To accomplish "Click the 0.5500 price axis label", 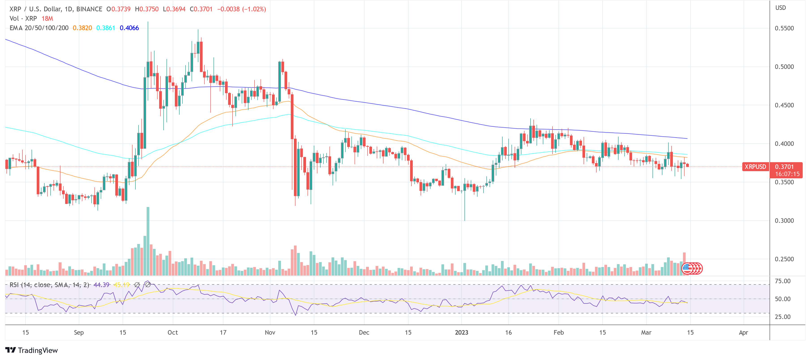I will point(784,28).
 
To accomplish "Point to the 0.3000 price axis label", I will point(784,220).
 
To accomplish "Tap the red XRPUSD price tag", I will point(755,167).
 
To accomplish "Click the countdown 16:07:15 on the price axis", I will point(787,174).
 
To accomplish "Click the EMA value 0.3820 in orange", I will point(82,28).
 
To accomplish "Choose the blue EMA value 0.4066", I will point(129,28).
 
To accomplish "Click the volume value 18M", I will point(47,19).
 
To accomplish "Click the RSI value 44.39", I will point(101,285).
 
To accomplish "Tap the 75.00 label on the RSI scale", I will point(782,281).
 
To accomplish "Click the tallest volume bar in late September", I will point(148,241).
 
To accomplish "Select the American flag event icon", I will point(687,268).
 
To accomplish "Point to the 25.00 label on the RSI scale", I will point(782,317).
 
